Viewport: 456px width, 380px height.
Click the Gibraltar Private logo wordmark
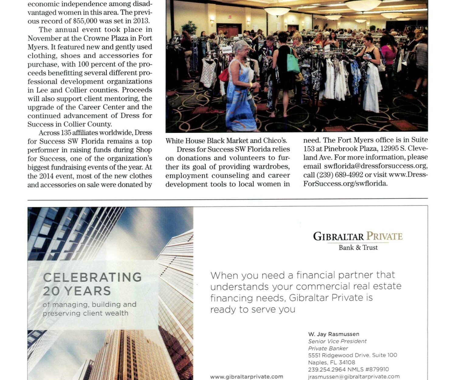pos(358,237)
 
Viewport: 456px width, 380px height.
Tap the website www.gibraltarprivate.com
pos(247,377)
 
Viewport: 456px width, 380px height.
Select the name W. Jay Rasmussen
pos(333,334)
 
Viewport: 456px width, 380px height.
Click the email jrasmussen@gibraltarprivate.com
pos(354,377)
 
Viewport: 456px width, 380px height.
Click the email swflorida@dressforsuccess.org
pos(375,166)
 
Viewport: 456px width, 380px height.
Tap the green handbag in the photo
pos(293,63)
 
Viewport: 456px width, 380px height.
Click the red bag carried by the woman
pos(224,75)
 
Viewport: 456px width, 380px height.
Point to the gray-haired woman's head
pos(241,47)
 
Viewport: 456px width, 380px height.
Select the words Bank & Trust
pos(358,247)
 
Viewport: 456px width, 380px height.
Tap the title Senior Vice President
pos(337,341)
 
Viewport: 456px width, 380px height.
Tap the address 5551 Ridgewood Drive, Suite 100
pos(352,355)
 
